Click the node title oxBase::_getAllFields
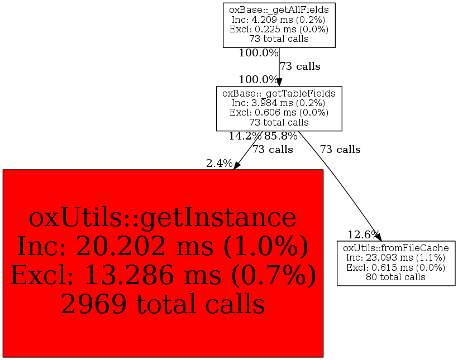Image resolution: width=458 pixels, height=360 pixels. point(279,10)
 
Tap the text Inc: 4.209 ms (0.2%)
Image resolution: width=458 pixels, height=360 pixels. point(278,20)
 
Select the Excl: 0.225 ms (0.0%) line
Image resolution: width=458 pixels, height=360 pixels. point(279,29)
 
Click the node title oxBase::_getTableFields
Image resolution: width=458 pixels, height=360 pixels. point(279,93)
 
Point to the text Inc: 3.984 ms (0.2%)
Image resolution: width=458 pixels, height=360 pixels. point(278,103)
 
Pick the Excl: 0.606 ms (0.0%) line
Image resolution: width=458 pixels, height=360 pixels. point(279,112)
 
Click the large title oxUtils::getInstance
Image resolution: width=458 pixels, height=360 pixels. point(163,218)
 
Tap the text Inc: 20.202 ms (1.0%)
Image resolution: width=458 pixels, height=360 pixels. point(163,247)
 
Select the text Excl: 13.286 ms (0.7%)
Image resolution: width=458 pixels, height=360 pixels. point(163,275)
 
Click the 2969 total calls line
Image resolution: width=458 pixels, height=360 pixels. point(163,304)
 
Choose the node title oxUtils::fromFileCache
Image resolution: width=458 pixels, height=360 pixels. point(396,248)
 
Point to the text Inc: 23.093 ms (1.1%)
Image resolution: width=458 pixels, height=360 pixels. point(396,257)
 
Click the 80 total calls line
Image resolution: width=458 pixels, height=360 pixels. point(396,277)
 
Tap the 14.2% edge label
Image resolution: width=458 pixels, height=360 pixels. point(245,136)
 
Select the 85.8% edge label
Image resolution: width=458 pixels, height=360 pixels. point(281,136)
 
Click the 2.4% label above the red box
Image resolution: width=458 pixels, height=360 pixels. point(220,164)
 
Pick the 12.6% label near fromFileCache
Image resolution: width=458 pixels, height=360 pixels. point(363,234)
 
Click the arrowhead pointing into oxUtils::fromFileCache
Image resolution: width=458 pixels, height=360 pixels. point(379,237)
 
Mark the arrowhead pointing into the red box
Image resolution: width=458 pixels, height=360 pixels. point(237,165)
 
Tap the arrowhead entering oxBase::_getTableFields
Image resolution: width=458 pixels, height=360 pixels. point(279,82)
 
